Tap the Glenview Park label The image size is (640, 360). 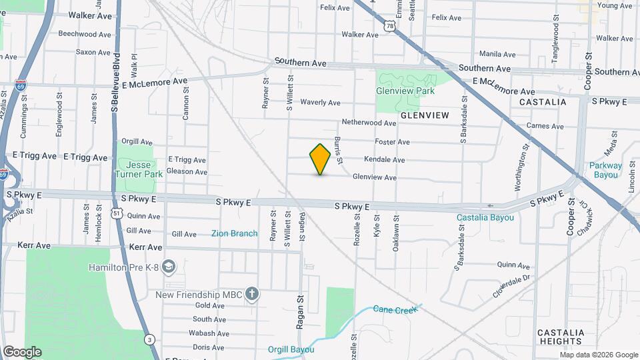pyautogui.click(x=405, y=91)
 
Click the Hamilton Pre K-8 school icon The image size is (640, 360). pyautogui.click(x=169, y=267)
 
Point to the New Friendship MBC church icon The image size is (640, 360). pyautogui.click(x=251, y=294)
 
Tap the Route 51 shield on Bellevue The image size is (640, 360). pyautogui.click(x=117, y=213)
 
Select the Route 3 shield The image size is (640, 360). pyautogui.click(x=151, y=339)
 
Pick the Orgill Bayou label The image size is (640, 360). pyautogui.click(x=290, y=349)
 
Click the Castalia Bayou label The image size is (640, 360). pyautogui.click(x=485, y=217)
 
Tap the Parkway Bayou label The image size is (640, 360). pyautogui.click(x=605, y=170)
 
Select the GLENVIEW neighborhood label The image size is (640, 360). pyautogui.click(x=425, y=115)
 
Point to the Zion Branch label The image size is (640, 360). pyautogui.click(x=234, y=233)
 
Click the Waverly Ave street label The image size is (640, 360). pyautogui.click(x=320, y=103)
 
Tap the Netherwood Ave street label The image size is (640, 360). pyautogui.click(x=369, y=123)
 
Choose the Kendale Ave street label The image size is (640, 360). pyautogui.click(x=384, y=160)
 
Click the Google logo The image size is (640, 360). pyautogui.click(x=22, y=352)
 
